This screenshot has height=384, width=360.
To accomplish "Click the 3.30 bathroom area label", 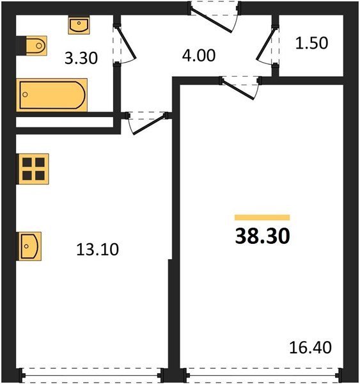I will pos(82,60).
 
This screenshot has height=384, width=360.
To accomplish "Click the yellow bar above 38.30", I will pos(262,218).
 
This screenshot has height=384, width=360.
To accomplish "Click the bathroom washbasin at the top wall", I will pos(78,26).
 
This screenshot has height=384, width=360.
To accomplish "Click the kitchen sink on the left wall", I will pos(30,245).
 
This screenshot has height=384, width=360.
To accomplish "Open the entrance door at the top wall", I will pos(214,16).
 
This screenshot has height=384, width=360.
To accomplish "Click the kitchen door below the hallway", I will pos(147,122).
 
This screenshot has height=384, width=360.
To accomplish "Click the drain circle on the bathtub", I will pos(26,96).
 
